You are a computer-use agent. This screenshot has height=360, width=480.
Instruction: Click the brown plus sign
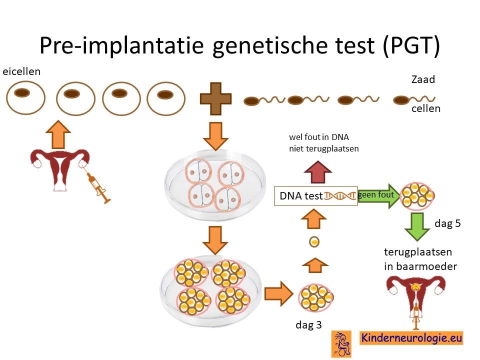pyautogui.click(x=215, y=98)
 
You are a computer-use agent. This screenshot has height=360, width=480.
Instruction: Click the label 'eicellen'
pyautogui.click(x=21, y=71)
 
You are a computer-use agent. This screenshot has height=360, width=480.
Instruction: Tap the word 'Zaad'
pyautogui.click(x=423, y=79)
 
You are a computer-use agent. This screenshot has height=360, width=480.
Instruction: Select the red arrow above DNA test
pyautogui.click(x=318, y=172)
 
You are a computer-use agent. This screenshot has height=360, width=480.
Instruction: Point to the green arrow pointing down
pyautogui.click(x=417, y=227)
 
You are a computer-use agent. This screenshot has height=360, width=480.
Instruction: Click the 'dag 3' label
pyautogui.click(x=308, y=325)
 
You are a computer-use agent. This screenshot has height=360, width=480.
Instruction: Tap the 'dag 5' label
pyautogui.click(x=447, y=223)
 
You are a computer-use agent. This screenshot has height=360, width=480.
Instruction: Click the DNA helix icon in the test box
pyautogui.click(x=340, y=196)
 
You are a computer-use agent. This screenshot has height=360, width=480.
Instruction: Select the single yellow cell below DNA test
pyautogui.click(x=314, y=242)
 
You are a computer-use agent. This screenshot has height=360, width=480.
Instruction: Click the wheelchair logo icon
pyautogui.click(x=341, y=344)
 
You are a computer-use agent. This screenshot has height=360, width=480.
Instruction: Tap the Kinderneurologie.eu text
pyautogui.click(x=411, y=338)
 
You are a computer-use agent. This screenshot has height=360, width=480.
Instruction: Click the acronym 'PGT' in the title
pyautogui.click(x=410, y=45)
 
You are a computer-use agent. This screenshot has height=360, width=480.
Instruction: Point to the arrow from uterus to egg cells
pyautogui.click(x=58, y=134)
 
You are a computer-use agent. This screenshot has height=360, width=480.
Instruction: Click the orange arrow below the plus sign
pyautogui.click(x=215, y=136)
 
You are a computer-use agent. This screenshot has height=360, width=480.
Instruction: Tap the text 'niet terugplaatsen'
pyautogui.click(x=323, y=149)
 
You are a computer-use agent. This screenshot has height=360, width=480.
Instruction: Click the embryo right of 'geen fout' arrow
pyautogui.click(x=417, y=196)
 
